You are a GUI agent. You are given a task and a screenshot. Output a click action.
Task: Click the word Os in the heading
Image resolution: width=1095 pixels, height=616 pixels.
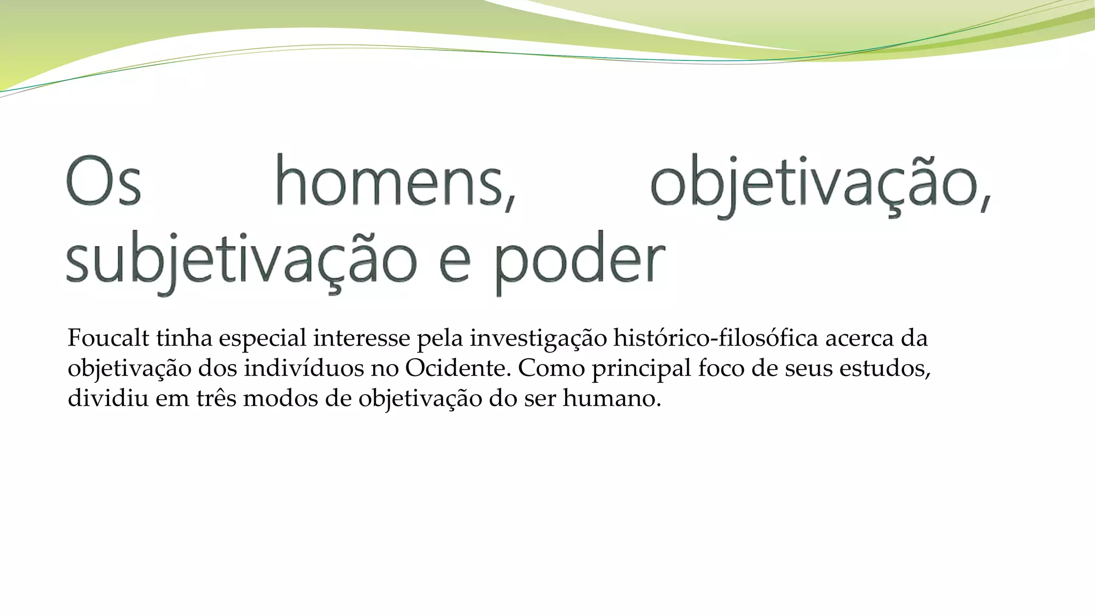pyautogui.click(x=104, y=182)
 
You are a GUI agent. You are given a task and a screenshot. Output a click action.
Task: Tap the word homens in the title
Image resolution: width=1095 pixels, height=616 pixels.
pyautogui.click(x=396, y=182)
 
